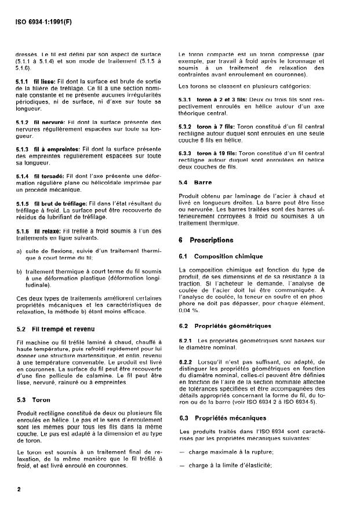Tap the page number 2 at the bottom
(19, 489)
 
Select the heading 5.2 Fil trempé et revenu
(56, 329)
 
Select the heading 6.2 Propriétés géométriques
(222, 326)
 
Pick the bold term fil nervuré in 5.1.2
(48, 122)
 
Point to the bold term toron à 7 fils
(214, 126)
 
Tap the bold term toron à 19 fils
(215, 154)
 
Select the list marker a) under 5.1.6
(19, 251)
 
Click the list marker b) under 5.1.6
(19, 271)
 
